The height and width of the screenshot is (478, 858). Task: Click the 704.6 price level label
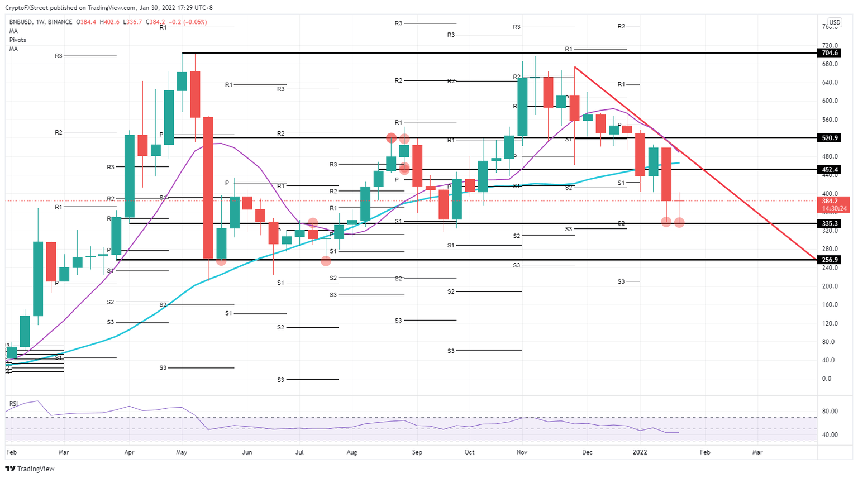tap(830, 53)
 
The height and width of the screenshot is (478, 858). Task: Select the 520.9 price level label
tap(830, 138)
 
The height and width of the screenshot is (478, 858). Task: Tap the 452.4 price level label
tap(830, 170)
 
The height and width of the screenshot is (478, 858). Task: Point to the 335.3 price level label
tap(830, 223)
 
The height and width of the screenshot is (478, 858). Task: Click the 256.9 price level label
tap(830, 260)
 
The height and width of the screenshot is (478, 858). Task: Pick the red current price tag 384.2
tap(830, 201)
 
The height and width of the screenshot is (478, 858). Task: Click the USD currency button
tap(835, 23)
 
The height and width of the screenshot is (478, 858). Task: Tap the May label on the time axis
tap(182, 452)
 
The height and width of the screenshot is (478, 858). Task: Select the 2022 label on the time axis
tap(640, 452)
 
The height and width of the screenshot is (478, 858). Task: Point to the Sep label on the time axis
tap(417, 452)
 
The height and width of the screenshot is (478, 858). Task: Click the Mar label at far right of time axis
tap(757, 452)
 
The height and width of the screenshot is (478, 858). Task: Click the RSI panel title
tap(13, 403)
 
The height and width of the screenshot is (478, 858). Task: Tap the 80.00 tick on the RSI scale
tap(830, 412)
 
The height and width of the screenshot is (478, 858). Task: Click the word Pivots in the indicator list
tap(18, 40)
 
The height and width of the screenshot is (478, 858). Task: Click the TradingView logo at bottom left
tap(30, 469)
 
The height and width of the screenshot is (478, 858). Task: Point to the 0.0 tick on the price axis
tap(827, 379)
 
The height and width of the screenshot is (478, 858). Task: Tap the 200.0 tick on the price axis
tap(830, 286)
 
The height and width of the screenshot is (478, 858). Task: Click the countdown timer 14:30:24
tap(834, 208)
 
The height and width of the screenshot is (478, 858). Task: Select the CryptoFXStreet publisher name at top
tap(26, 8)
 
